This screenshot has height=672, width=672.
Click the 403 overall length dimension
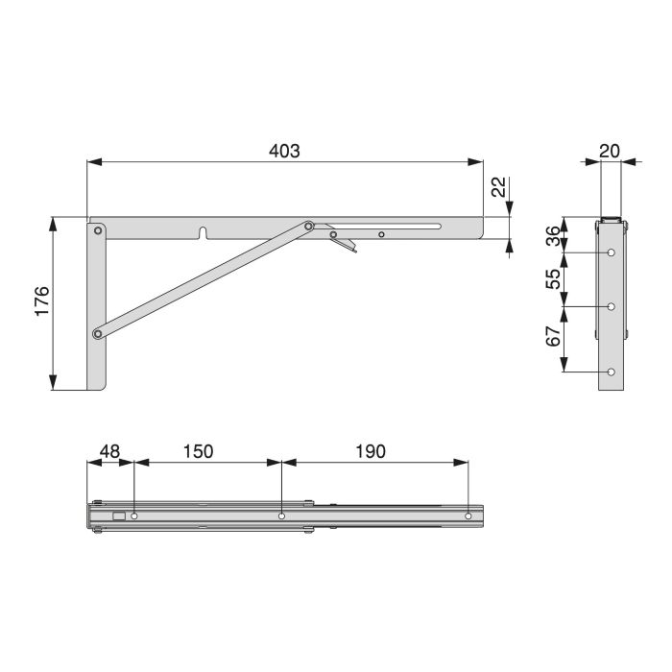coord(285,151)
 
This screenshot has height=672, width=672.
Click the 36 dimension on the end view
coord(552,235)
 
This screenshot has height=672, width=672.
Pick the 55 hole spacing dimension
coord(552,279)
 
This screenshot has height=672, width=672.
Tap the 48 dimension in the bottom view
coord(109,450)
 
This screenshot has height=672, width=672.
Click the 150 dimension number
coord(198,450)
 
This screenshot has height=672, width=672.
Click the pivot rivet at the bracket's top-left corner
coord(98,230)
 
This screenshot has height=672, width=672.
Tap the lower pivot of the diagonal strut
coord(98,334)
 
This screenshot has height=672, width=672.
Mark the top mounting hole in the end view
coord(611,252)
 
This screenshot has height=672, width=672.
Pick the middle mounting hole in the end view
coord(611,307)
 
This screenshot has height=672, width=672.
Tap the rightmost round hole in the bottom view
coord(468,516)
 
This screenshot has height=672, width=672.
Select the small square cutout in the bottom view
coord(118,516)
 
